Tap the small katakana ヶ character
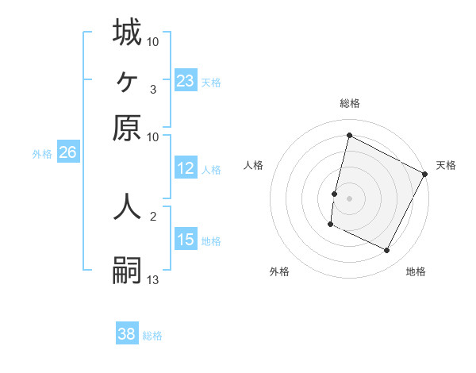[127, 80]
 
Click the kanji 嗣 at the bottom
[127, 269]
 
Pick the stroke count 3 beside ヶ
[152, 89]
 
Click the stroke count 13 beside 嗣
[153, 279]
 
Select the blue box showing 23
[186, 81]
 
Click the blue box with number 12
[186, 168]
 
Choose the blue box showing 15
[186, 240]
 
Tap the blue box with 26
[67, 153]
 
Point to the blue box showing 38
[127, 334]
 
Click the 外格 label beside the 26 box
[42, 154]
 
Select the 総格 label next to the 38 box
[153, 335]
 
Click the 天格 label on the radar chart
[446, 165]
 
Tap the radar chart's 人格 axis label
[253, 165]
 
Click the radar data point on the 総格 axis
[349, 136]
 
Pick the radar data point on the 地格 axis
[387, 251]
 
